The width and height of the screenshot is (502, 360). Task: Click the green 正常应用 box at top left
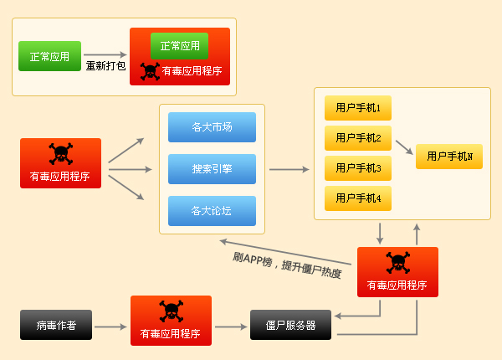50,57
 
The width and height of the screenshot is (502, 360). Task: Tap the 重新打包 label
106,65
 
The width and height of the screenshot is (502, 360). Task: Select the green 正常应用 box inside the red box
179,46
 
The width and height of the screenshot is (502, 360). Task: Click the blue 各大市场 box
212,127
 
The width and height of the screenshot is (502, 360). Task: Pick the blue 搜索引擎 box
212,168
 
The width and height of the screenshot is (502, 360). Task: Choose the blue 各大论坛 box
212,210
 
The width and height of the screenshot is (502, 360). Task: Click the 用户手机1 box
358,108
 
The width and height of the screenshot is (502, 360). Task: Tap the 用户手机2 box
358,138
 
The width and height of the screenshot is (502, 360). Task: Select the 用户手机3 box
358,168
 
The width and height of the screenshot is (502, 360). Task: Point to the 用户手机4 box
358,198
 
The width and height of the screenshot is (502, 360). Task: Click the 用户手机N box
449,157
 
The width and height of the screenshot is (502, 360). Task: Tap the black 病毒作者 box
56,325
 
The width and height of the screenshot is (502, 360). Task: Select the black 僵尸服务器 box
290,325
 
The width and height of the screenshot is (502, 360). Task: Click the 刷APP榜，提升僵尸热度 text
287,265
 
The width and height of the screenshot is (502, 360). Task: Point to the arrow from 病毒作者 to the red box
110,325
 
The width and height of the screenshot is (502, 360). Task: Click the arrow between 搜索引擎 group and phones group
289,168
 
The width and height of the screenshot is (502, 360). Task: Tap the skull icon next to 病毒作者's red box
171,311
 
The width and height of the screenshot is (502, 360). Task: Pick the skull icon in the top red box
150,70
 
